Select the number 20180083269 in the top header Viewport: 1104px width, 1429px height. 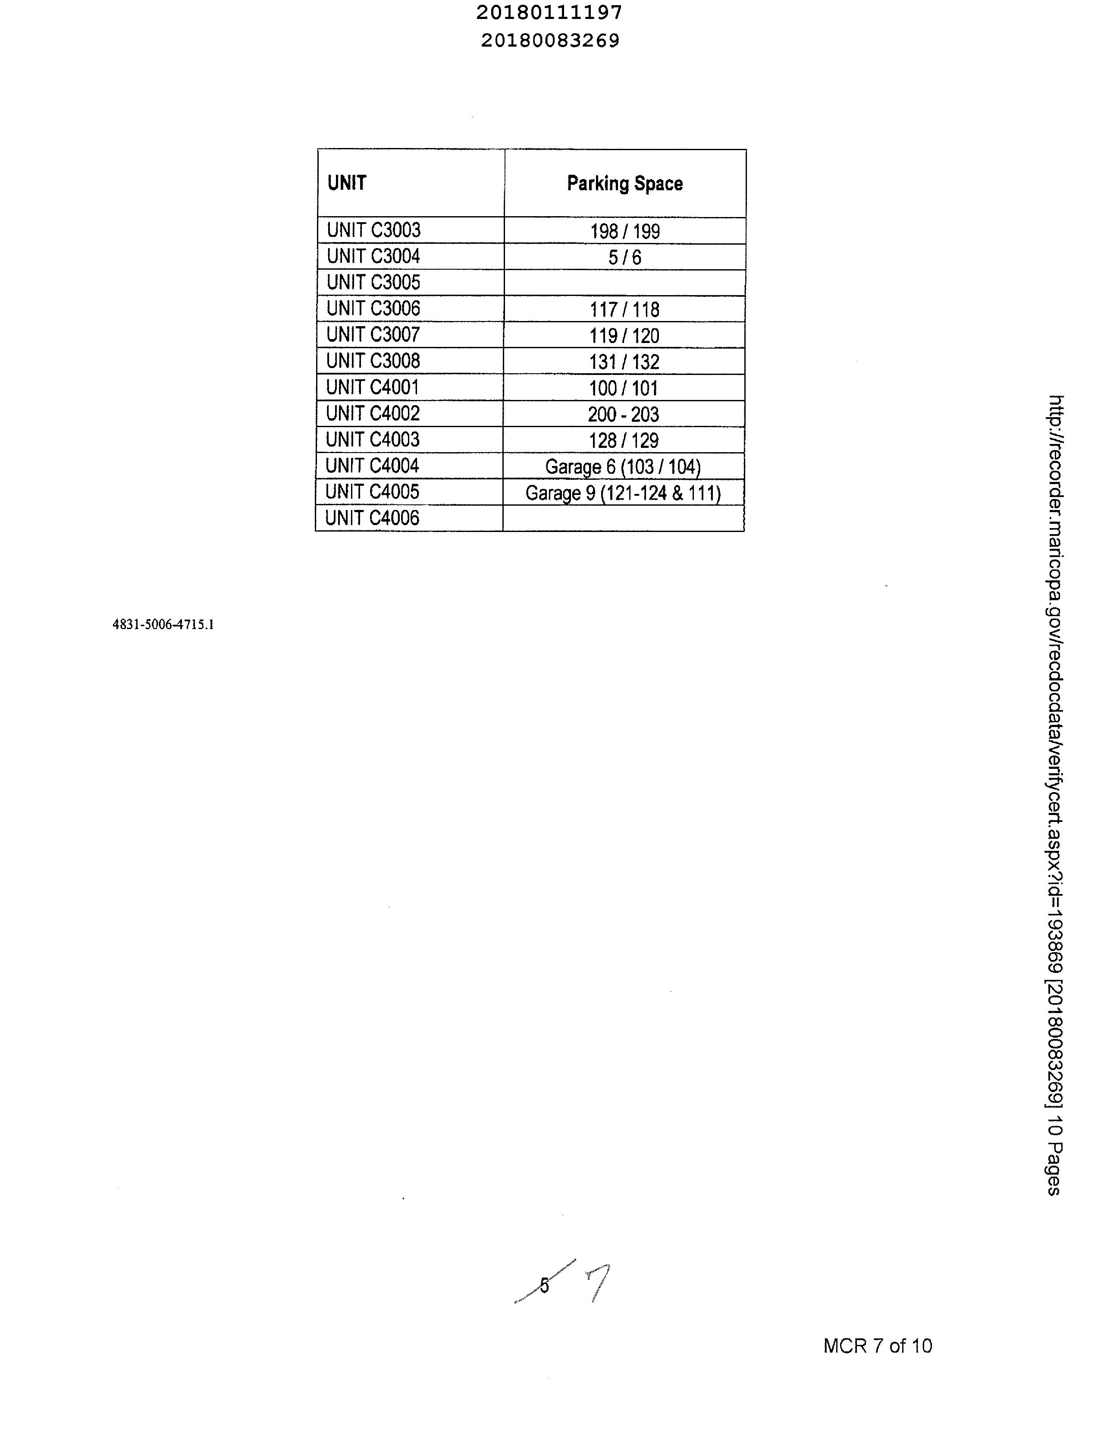click(550, 41)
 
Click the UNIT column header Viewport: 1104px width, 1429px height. click(347, 183)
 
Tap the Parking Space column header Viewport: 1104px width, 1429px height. click(624, 184)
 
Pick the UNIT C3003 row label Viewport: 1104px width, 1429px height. click(373, 230)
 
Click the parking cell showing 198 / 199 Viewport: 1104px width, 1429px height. click(624, 231)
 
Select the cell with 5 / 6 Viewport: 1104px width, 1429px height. click(624, 257)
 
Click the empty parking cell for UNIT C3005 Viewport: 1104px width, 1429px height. click(624, 283)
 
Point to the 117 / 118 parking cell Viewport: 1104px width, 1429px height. click(624, 309)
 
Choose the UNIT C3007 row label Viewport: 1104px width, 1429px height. click(373, 335)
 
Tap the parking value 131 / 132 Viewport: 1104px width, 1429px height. click(624, 362)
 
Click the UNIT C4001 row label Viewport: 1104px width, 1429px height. click(372, 387)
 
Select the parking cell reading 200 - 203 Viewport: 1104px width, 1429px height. click(623, 414)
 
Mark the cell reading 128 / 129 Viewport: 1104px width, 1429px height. click(623, 441)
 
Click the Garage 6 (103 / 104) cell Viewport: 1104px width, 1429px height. click(623, 466)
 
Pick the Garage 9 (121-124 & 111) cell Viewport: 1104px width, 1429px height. click(623, 493)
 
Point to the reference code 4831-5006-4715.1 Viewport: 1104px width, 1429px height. click(163, 624)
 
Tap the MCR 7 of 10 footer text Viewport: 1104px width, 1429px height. click(877, 1346)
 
